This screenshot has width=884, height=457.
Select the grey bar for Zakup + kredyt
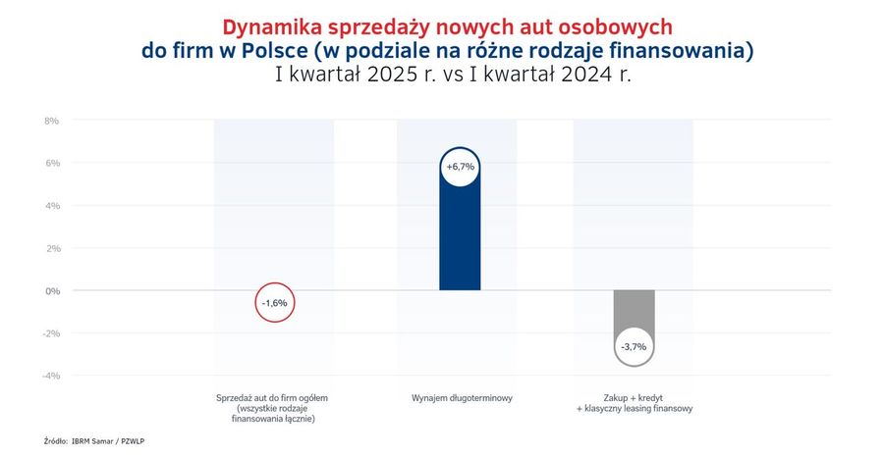[635, 310]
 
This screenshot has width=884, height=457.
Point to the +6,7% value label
[460, 167]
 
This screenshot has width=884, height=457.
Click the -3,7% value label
[634, 347]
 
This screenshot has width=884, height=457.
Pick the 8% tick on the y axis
[52, 121]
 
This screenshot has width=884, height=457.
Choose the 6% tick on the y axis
[52, 163]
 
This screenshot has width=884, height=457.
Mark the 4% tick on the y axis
[52, 206]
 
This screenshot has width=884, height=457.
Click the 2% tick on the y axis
[52, 248]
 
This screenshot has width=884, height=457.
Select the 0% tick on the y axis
[52, 291]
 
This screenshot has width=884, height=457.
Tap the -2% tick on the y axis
[51, 333]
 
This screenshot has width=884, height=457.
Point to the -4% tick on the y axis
[51, 376]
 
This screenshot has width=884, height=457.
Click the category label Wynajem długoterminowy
[462, 398]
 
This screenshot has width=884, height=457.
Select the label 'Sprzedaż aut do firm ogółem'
[272, 398]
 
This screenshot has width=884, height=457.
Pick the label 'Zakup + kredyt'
[635, 398]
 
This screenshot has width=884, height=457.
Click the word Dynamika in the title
[268, 27]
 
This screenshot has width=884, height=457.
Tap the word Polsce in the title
[275, 51]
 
